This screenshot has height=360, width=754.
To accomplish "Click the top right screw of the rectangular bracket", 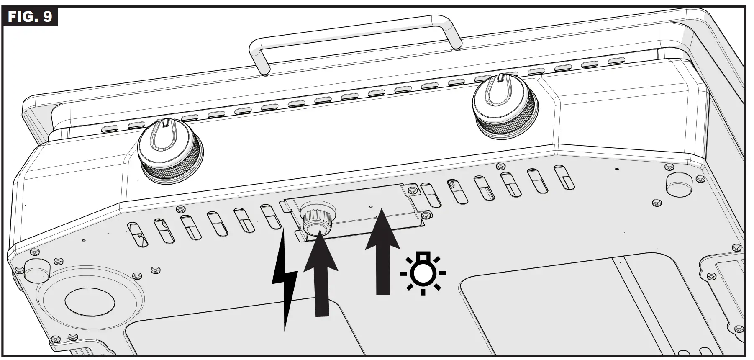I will coord(412,190).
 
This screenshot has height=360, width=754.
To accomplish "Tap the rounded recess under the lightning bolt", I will coord(243,335).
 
